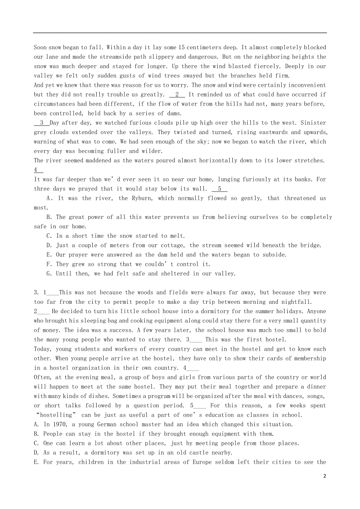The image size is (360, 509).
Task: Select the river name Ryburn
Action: (x=144, y=198)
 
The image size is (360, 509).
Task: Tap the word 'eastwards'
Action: (x=273, y=132)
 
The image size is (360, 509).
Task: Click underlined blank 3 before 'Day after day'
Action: (x=42, y=123)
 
